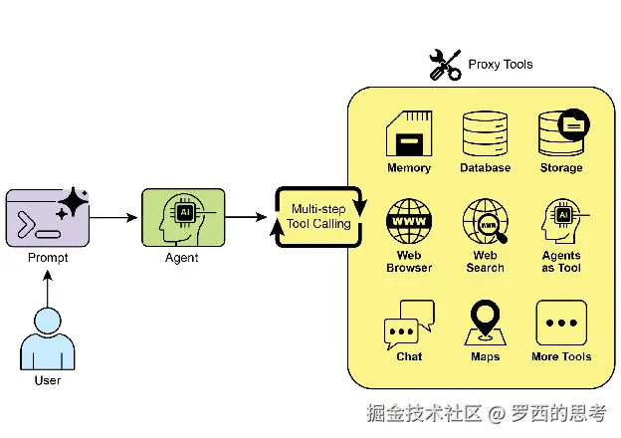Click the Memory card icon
409,133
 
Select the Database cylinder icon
485,133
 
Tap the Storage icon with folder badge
563,132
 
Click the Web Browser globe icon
409,221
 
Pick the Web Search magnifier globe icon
486,221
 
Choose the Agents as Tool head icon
565,221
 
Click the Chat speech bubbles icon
409,325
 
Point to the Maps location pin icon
486,323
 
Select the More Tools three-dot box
561,323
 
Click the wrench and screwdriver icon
446,65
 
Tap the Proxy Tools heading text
501,64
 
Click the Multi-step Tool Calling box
318,217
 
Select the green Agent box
183,217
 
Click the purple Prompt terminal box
48,218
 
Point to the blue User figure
48,339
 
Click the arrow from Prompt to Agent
113,217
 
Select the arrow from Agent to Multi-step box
246,217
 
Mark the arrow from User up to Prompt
48,289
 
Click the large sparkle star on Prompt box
74,201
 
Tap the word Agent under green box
182,258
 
